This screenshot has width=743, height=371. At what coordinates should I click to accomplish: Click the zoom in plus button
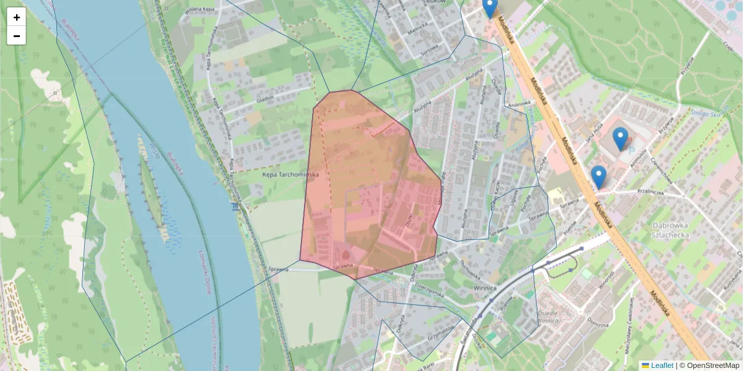[x=17, y=17]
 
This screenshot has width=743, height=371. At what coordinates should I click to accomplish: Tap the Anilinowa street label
[x=520, y=103]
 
